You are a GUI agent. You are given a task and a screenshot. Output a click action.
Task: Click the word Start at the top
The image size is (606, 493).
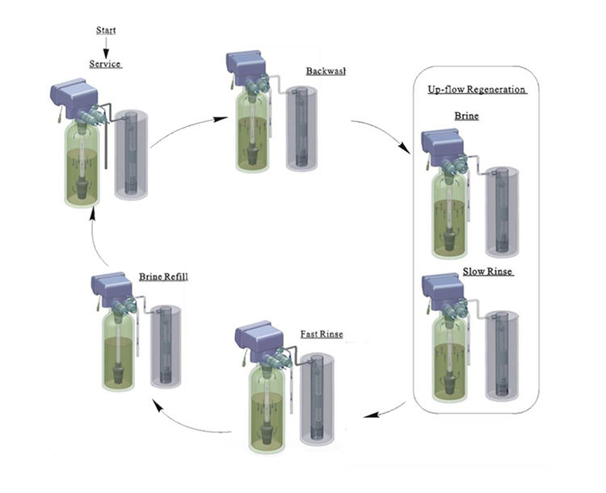(x=106, y=31)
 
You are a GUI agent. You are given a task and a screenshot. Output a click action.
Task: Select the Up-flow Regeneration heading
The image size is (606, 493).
(x=477, y=89)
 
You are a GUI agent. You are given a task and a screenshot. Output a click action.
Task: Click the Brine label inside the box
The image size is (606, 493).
(x=465, y=116)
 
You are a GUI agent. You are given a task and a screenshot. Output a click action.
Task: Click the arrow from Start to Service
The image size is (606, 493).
(x=106, y=48)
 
